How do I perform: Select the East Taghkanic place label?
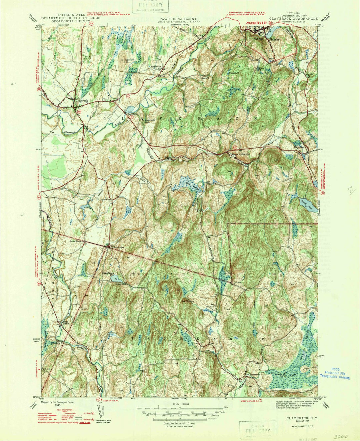(x=252, y=374)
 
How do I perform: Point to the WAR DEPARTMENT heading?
(x=179, y=19)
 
